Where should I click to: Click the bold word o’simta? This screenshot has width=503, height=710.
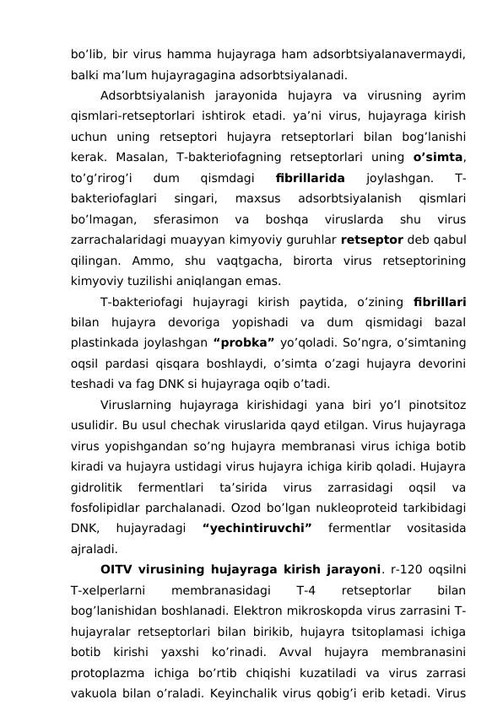click(439, 156)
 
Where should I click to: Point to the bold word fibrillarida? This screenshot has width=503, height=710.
click(310, 177)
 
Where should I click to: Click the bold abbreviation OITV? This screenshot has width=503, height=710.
click(118, 570)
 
